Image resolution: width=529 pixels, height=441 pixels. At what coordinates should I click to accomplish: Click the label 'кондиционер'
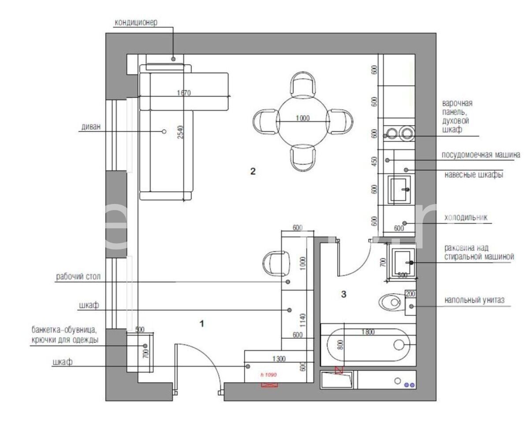pyautogui.click(x=136, y=22)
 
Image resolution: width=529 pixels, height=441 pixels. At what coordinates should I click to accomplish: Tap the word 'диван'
pyautogui.click(x=91, y=126)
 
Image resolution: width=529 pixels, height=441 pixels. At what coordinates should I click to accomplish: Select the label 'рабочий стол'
pyautogui.click(x=78, y=276)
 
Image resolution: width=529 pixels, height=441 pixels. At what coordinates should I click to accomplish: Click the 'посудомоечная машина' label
pyautogui.click(x=481, y=155)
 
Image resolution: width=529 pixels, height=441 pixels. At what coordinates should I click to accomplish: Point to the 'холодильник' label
pyautogui.click(x=466, y=217)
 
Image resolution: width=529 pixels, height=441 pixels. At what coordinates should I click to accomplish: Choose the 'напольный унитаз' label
pyautogui.click(x=474, y=300)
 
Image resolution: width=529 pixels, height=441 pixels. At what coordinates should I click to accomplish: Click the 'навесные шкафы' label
pyautogui.click(x=474, y=174)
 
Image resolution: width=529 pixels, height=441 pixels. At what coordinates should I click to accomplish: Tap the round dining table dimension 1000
pyautogui.click(x=303, y=118)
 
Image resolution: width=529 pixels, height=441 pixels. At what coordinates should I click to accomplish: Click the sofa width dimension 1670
pyautogui.click(x=184, y=93)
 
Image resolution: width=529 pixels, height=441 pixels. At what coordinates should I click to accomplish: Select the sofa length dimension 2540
pyautogui.click(x=180, y=132)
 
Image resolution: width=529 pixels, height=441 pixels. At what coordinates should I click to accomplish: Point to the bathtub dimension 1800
pyautogui.click(x=368, y=332)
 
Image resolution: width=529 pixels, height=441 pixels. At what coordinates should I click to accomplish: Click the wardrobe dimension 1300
pyautogui.click(x=279, y=359)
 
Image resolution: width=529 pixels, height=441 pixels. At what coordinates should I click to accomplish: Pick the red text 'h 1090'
pyautogui.click(x=268, y=374)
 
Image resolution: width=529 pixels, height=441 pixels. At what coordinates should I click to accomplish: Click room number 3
pyautogui.click(x=343, y=294)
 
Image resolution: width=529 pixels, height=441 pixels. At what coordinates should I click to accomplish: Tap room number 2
pyautogui.click(x=253, y=171)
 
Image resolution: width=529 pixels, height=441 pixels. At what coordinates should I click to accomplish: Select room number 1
pyautogui.click(x=201, y=323)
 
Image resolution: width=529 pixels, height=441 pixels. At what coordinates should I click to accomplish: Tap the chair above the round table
pyautogui.click(x=303, y=85)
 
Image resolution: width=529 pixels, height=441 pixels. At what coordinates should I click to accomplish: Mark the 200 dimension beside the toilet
pyautogui.click(x=410, y=294)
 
